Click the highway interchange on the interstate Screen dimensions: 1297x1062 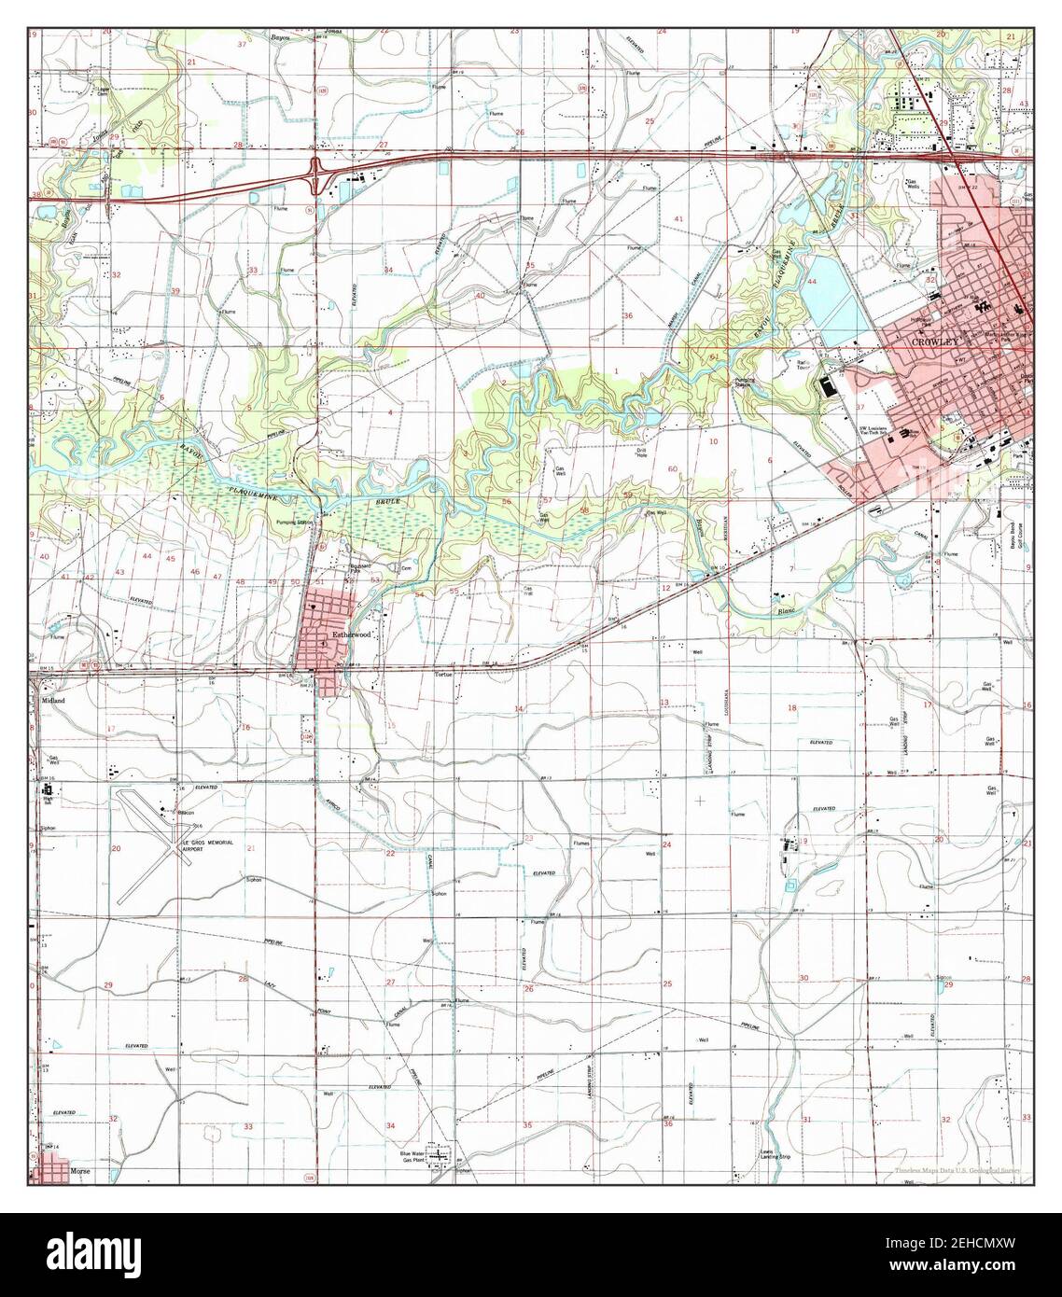(x=317, y=173)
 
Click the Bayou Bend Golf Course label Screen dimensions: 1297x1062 (x=1018, y=534)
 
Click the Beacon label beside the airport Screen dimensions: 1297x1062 (x=187, y=812)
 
